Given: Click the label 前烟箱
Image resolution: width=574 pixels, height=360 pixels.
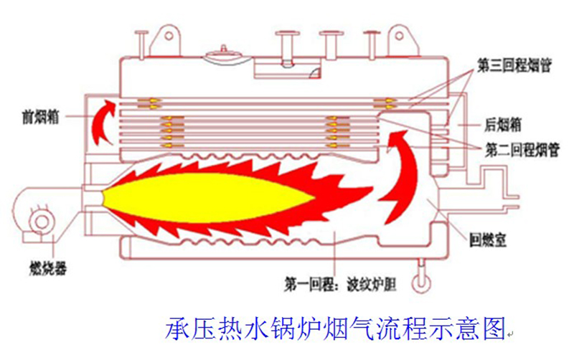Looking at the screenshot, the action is coord(40,118).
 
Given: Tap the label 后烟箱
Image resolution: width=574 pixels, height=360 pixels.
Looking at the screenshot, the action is coord(503,125).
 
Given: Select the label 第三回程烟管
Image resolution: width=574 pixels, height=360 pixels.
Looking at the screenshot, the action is coord(514,65).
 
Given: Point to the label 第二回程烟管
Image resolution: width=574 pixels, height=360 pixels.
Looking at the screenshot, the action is coord(522,150).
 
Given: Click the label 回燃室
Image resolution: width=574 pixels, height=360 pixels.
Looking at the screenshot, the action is coord(488,240).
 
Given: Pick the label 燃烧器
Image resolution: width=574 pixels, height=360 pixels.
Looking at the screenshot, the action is coord(48,269).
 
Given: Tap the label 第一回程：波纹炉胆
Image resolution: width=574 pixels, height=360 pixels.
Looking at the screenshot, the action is coord(340,285).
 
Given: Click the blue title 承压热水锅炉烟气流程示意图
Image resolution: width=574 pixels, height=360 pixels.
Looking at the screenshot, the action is coord(335,328).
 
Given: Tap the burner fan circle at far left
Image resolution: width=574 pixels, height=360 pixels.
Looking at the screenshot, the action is coord(42,221).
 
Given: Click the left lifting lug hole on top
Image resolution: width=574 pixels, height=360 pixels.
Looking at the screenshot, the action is coord(169,36).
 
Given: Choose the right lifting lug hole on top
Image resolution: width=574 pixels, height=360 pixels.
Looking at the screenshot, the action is coord(400,37).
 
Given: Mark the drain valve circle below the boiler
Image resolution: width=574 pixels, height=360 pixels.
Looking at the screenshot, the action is coord(420,282).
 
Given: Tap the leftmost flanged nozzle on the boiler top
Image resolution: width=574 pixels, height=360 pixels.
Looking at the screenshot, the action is coord(141,44).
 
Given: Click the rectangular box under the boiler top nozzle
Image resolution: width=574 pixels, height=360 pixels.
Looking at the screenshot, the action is coord(288,69).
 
